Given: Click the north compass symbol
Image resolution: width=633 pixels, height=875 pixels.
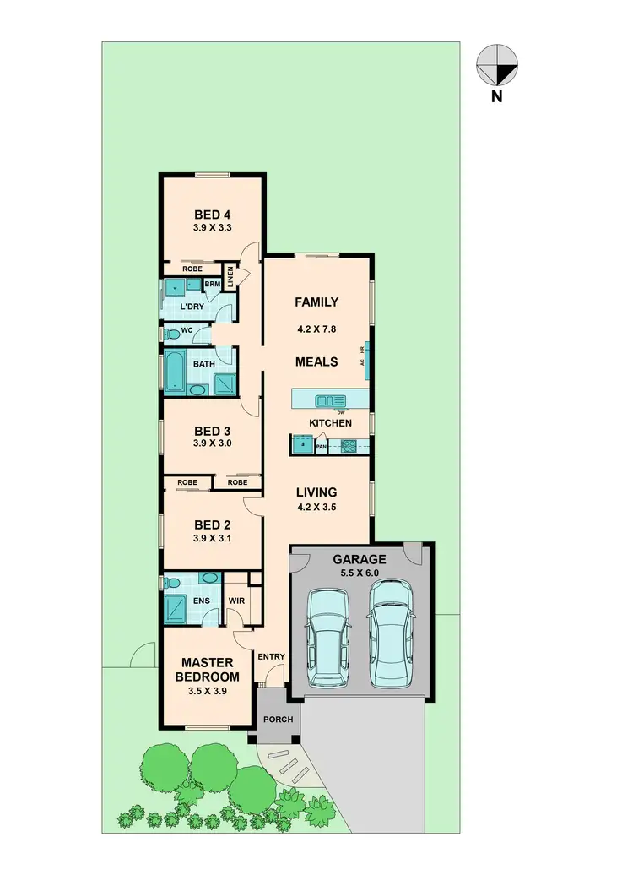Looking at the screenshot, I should [x=497, y=67].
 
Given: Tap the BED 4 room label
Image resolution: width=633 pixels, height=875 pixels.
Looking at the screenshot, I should [x=212, y=214].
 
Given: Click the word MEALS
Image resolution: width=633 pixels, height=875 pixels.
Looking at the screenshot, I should [x=316, y=361].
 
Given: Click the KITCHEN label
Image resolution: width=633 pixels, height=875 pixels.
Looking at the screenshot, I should [x=330, y=422].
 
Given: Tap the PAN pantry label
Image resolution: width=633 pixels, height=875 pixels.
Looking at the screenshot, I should [x=322, y=448].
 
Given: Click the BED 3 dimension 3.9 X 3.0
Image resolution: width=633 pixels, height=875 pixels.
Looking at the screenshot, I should [x=212, y=443].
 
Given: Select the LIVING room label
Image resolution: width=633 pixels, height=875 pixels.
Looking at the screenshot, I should [x=316, y=492].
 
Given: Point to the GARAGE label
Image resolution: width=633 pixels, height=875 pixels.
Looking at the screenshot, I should [x=360, y=559].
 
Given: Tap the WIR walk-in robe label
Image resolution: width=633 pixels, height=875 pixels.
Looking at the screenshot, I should [x=236, y=602].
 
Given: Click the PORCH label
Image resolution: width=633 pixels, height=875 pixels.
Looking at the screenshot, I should [x=279, y=720].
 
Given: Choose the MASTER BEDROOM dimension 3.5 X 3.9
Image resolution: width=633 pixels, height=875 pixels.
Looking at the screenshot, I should [x=208, y=691].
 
